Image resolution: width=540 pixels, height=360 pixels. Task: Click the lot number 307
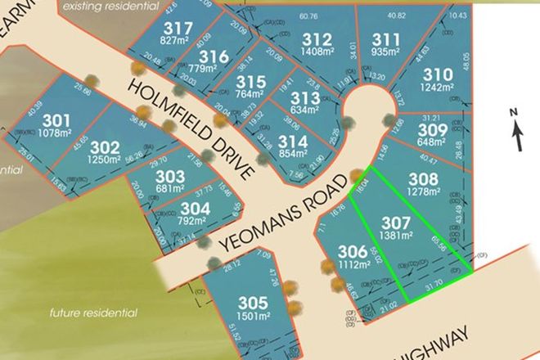(x=394, y=221)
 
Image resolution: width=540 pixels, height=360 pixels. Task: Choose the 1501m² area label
(x=252, y=317)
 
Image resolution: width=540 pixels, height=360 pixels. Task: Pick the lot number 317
(x=183, y=27)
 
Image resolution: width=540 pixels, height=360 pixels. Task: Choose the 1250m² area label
(x=105, y=160)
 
